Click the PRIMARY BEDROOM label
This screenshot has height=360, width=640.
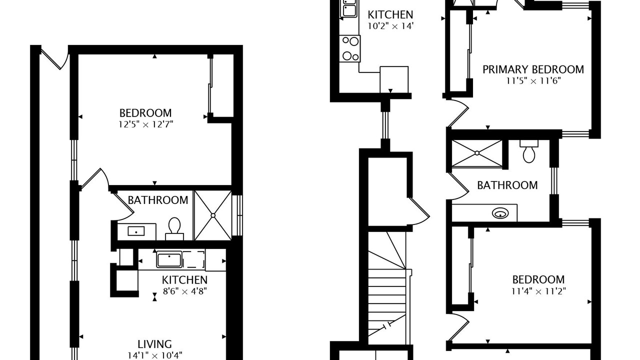pos(533,69)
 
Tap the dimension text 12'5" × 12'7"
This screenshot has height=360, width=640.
pos(145,124)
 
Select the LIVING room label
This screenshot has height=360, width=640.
pos(154,344)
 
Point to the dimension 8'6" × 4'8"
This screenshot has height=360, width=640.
pos(184,291)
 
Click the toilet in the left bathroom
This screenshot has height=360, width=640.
pos(174,229)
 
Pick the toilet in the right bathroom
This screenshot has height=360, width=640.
pos(529,151)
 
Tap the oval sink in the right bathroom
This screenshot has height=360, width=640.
pos(500,213)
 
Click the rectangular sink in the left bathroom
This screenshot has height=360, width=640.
pos(136,231)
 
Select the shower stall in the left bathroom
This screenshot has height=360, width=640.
pos(213,215)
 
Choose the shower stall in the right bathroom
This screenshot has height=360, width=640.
pos(477,153)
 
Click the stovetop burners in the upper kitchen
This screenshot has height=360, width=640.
pos(349,48)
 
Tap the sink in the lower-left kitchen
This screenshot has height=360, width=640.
pos(169,259)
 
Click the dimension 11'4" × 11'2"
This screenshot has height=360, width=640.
pos(538,291)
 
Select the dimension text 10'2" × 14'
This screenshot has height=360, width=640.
pos(390,26)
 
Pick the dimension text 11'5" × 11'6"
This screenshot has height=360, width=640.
pos(533,81)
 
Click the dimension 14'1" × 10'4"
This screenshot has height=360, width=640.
pos(154,355)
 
